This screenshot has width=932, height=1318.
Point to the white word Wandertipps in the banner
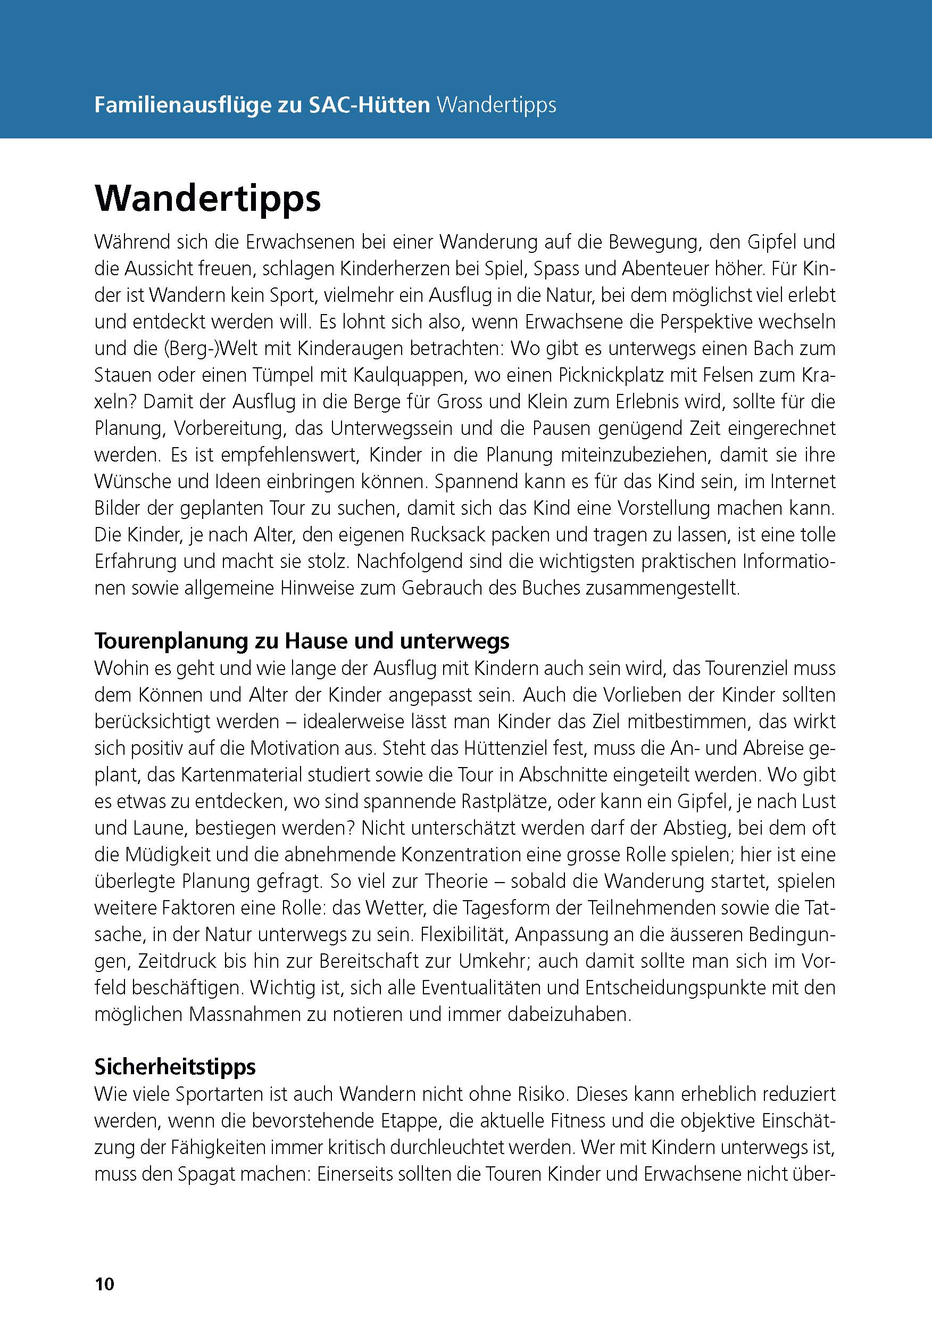(496, 106)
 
